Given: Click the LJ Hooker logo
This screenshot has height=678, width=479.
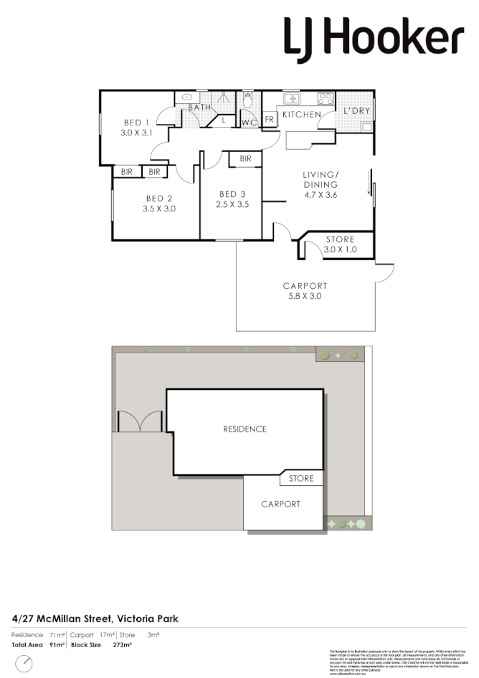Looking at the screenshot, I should (x=374, y=37).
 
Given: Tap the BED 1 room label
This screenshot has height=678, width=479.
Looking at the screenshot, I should (x=136, y=123).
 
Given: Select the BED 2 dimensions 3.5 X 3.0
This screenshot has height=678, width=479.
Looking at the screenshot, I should (x=160, y=209).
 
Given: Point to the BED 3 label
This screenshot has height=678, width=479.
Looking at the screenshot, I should (x=232, y=194).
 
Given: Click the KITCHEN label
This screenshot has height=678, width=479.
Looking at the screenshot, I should (x=301, y=115).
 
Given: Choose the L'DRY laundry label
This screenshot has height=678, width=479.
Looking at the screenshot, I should (x=356, y=112).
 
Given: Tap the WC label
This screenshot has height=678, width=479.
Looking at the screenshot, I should (x=250, y=123).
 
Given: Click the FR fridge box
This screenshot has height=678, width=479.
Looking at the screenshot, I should (x=270, y=120).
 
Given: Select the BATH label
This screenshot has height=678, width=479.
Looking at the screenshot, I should (x=199, y=108).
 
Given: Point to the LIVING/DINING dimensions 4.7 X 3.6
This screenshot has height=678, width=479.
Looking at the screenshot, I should (x=320, y=194).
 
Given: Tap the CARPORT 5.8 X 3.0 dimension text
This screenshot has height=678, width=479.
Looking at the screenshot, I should (x=305, y=296).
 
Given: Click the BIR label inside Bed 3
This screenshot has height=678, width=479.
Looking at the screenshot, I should (x=245, y=159).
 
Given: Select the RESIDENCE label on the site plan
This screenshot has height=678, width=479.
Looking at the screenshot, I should (x=245, y=429).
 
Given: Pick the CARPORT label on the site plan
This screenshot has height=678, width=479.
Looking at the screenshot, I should (x=280, y=504).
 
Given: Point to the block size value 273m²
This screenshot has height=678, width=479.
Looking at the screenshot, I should (x=123, y=645).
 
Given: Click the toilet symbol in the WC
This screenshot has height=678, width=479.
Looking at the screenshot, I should (x=248, y=101).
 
